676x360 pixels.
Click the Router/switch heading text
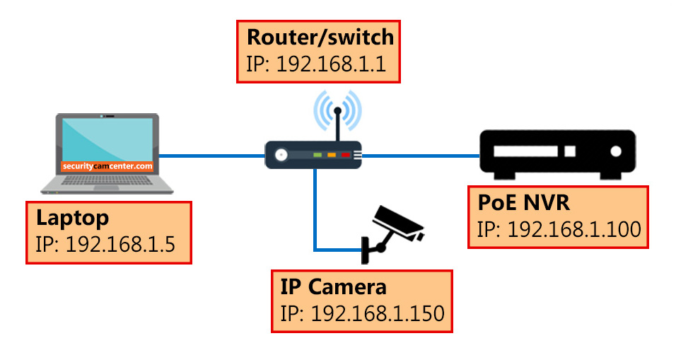point(320,37)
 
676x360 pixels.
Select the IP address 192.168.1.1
point(330,65)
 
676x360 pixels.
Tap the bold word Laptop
point(73,217)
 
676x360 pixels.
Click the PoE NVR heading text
point(524,204)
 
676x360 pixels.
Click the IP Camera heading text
point(334,286)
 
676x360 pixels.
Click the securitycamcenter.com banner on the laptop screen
point(107,166)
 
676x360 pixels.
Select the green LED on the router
point(317,154)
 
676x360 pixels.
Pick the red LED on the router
point(346,154)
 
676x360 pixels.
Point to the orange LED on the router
point(332,154)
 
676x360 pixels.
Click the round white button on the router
point(282,154)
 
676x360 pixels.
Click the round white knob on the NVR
point(616,151)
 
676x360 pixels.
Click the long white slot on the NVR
point(528,151)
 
